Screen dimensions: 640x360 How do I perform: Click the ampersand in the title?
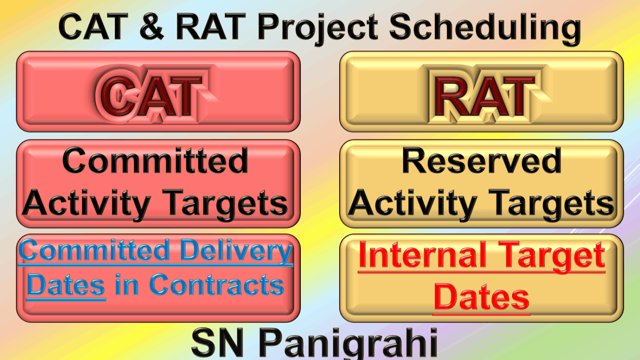point(152,26)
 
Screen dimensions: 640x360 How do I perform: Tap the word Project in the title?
point(318,28)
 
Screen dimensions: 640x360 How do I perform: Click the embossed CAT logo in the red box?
point(153,94)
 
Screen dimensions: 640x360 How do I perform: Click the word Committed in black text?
point(155,160)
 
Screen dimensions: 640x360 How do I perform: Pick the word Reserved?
point(482,160)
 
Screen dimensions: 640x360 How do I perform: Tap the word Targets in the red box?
point(225,204)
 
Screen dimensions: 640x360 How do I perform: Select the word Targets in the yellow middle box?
point(551,204)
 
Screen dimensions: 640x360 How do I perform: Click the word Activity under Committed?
point(86,204)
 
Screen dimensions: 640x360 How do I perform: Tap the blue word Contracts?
point(217,285)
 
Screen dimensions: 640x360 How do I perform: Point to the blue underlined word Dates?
point(66,285)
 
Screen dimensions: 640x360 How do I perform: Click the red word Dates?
point(481,297)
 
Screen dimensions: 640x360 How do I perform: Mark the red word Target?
point(552,256)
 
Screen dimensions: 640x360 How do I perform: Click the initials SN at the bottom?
point(218,343)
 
